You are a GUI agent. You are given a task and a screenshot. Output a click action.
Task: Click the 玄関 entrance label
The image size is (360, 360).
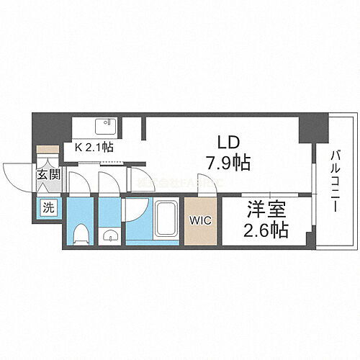[x=48, y=175]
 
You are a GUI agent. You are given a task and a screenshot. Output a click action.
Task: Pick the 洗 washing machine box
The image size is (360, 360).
[x=47, y=207]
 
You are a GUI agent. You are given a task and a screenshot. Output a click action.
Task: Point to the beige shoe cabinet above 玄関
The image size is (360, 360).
[x=48, y=154]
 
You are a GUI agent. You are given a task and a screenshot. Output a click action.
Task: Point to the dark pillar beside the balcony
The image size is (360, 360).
[x=313, y=130]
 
